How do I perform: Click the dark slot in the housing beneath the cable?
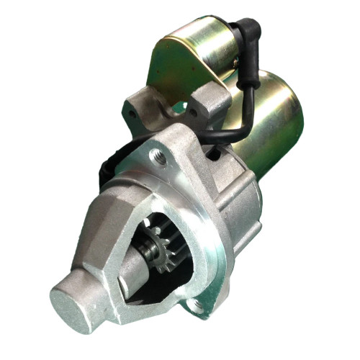[x=213, y=153]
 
